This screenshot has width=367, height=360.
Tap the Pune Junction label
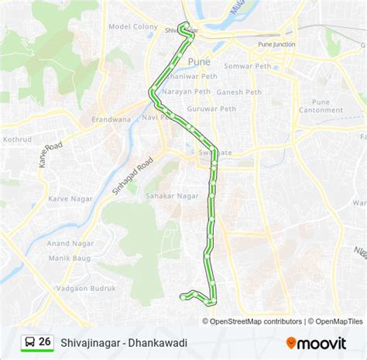point(276,45)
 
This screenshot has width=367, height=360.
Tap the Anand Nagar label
point(70,242)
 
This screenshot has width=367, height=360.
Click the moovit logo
point(316,342)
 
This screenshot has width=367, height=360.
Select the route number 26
point(45,341)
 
